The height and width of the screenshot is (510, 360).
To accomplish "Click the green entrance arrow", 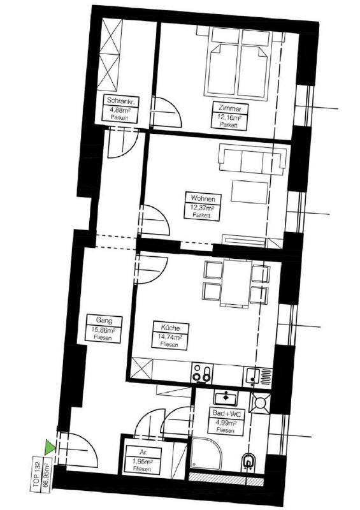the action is pyautogui.click(x=49, y=448).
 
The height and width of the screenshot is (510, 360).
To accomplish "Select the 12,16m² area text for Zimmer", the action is pyautogui.click(x=230, y=117).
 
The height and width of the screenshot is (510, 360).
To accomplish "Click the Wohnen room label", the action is pyautogui.click(x=203, y=198).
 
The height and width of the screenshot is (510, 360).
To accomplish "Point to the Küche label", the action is pyautogui.click(x=170, y=328).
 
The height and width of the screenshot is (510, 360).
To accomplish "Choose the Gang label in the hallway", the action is pyautogui.click(x=104, y=321).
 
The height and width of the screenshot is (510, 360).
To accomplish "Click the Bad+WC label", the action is pyautogui.click(x=227, y=413).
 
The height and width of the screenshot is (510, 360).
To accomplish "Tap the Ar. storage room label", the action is pyautogui.click(x=143, y=453).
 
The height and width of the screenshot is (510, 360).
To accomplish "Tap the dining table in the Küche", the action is pyautogui.click(x=236, y=282).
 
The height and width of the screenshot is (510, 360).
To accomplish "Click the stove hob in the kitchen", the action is pyautogui.click(x=201, y=372).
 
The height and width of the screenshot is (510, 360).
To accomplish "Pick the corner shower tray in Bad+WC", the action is pyautogui.click(x=206, y=454).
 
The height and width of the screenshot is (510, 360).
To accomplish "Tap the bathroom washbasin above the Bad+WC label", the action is pyautogui.click(x=226, y=397).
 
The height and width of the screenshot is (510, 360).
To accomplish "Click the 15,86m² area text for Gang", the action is pyautogui.click(x=103, y=330).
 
